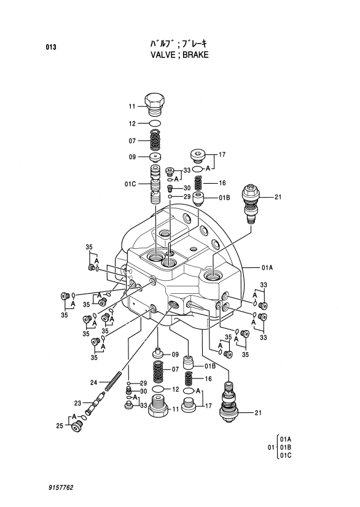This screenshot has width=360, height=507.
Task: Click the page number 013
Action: coord(51,47)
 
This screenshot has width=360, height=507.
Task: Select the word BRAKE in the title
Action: coord(195,55)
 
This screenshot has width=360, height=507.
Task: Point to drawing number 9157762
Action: coord(61,487)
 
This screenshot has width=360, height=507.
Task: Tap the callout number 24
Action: coord(94,383)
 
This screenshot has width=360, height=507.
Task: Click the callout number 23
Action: coord(77,403)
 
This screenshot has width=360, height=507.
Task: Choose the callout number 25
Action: coord(60,426)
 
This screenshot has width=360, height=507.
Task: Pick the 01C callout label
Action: coord(131,184)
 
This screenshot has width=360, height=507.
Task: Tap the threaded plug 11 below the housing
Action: coord(158,407)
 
